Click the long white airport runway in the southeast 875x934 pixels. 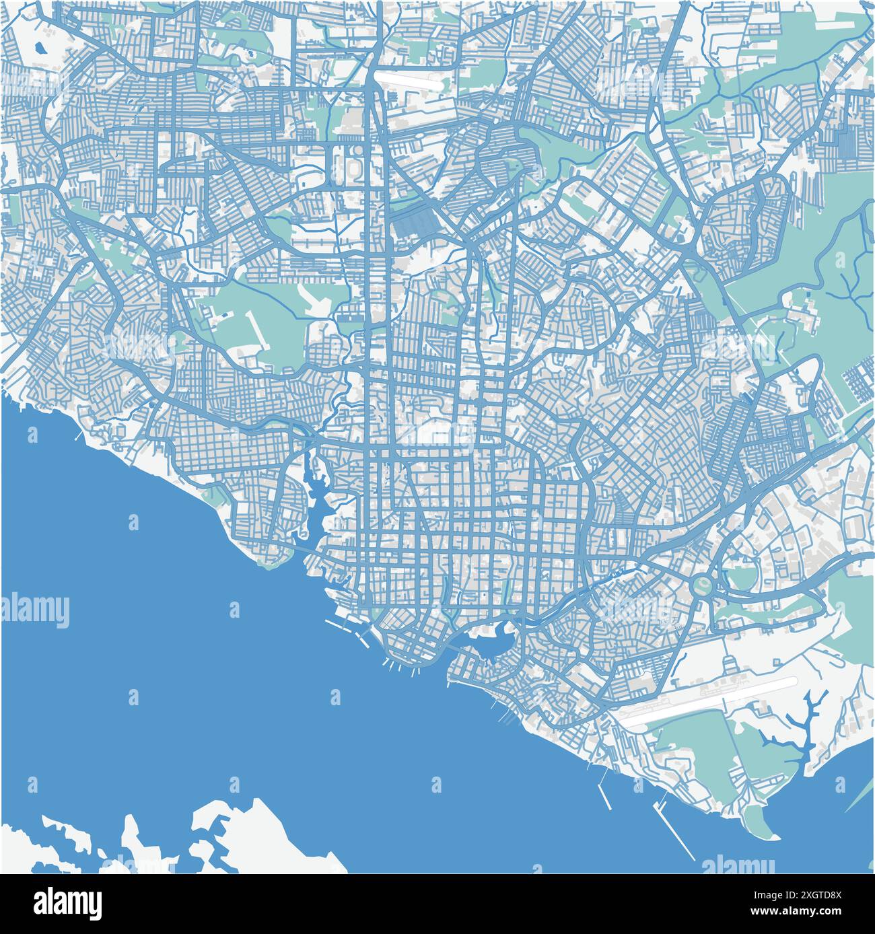(x=710, y=700)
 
